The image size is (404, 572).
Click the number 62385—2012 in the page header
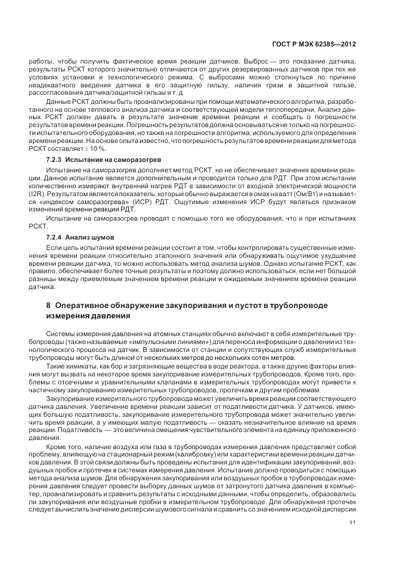click(335, 45)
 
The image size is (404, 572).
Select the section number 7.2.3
click(55, 159)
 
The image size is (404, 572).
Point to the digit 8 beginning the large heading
click(50, 305)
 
